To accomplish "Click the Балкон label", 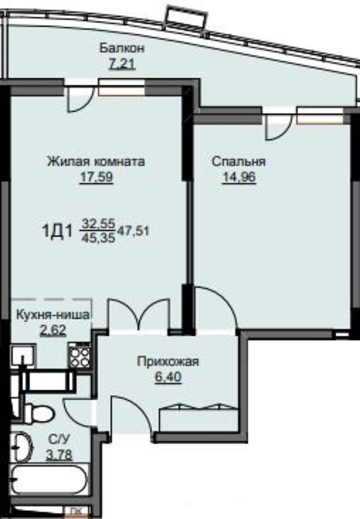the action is [x=122, y=48].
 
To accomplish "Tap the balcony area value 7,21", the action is [x=122, y=63].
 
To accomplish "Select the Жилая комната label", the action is [x=96, y=161].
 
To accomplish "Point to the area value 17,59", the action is [x=96, y=177].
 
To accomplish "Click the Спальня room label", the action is [x=239, y=161].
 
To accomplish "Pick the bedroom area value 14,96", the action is [x=239, y=177].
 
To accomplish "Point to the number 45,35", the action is [x=98, y=237].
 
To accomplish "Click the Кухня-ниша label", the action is [x=52, y=315].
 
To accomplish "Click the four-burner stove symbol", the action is [x=79, y=355].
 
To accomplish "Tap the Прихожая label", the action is [x=168, y=361].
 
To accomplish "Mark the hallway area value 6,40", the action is [x=168, y=377].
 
